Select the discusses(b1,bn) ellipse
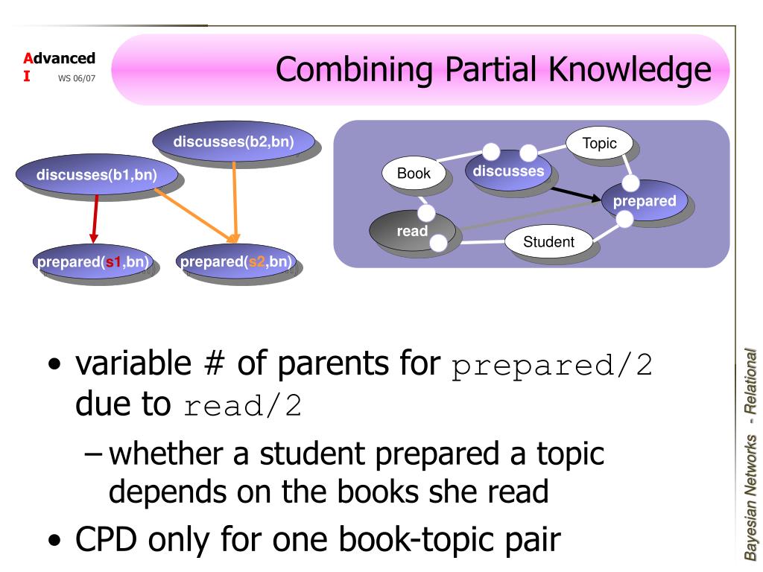[97, 177]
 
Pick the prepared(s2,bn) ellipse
[236, 261]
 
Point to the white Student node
[548, 241]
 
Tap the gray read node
[412, 231]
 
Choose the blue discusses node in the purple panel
[509, 171]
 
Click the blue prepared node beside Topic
[645, 201]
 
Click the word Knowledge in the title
[631, 70]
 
